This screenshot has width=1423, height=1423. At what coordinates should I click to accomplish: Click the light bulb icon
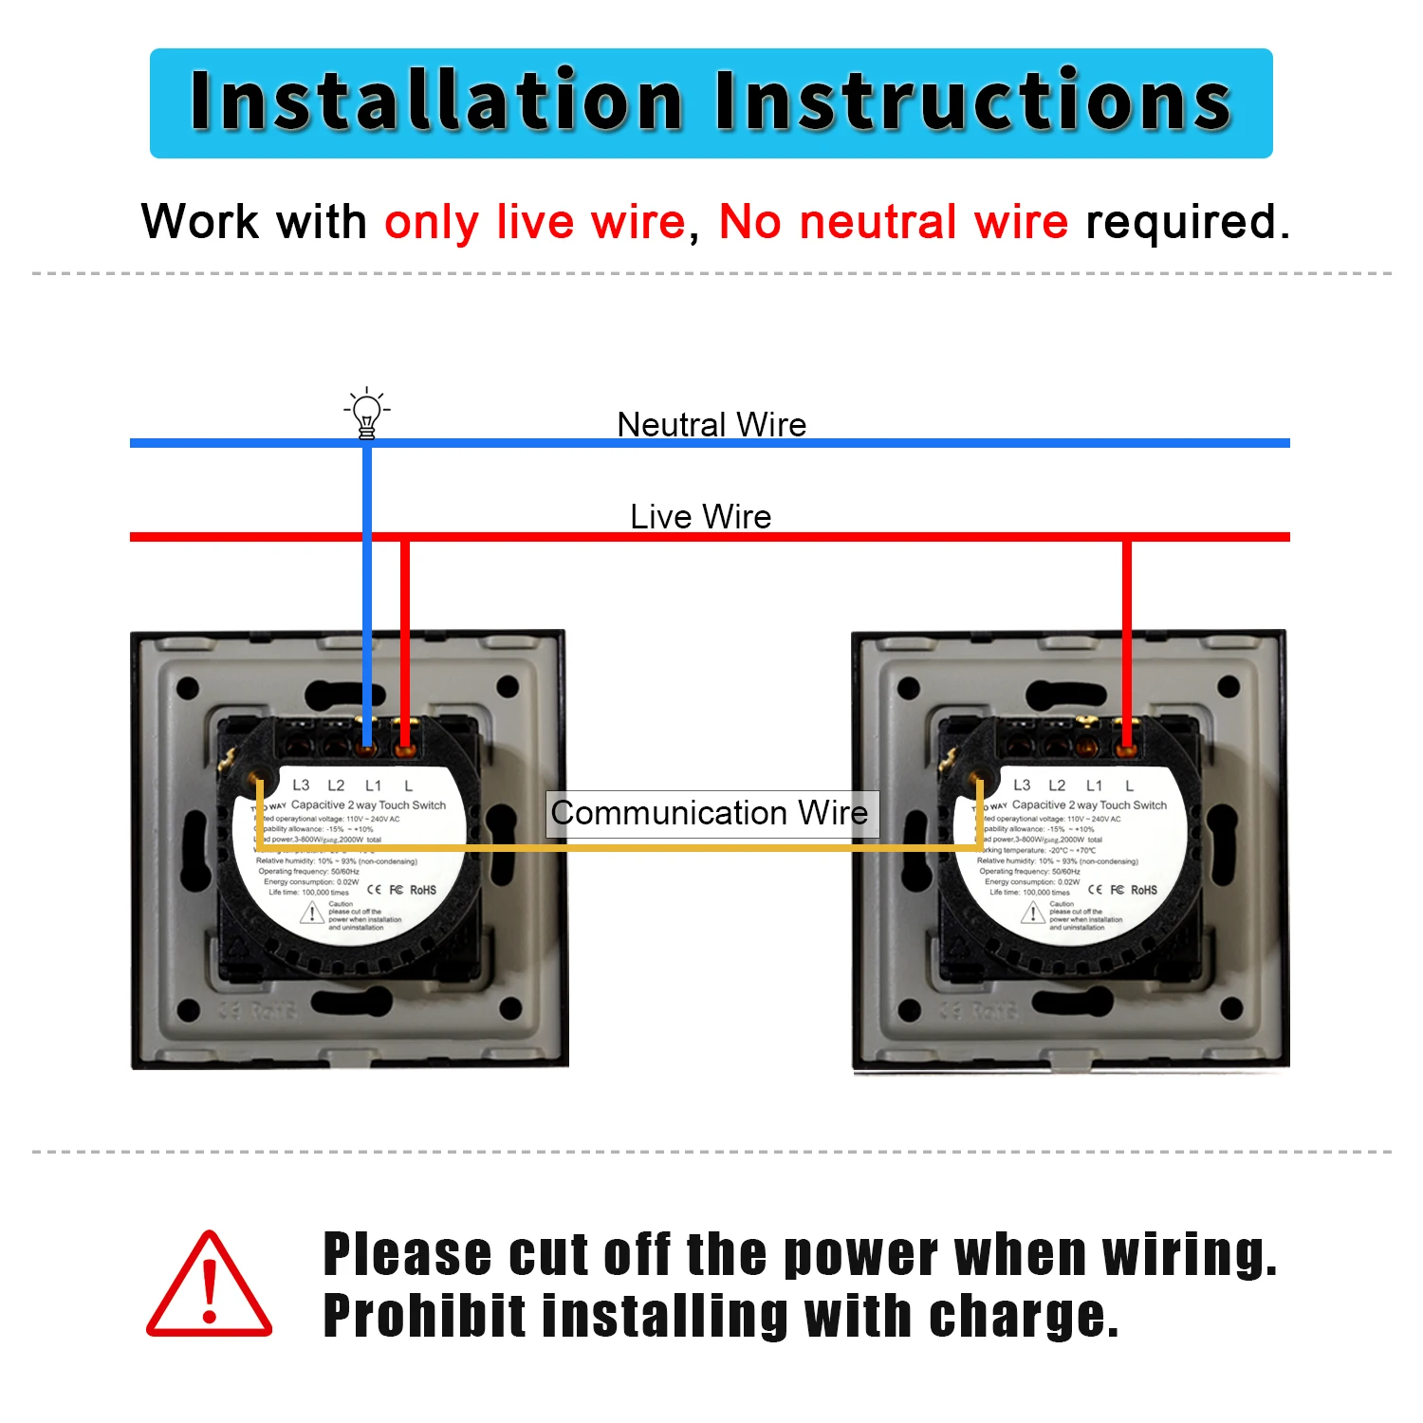coord(366,414)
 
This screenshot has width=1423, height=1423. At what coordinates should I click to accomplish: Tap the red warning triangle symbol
coord(210,1286)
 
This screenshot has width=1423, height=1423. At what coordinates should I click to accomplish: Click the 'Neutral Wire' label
coord(711,424)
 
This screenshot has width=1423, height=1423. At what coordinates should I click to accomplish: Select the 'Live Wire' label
coord(700,516)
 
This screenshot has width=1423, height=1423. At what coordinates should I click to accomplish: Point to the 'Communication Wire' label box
coord(711,814)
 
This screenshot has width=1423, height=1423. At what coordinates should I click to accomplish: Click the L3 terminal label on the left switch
coord(301,785)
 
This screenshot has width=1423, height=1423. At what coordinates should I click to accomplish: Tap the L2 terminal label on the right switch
coord(1057,785)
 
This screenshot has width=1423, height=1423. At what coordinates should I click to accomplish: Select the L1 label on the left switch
coord(373,785)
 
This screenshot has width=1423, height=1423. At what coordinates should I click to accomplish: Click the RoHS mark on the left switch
coord(423,890)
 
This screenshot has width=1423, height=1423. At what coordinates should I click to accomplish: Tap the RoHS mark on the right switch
coord(1144,890)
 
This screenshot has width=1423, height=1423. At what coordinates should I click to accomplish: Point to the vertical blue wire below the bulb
coord(367,588)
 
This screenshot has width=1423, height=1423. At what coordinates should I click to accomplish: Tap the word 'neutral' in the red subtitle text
coord(877,222)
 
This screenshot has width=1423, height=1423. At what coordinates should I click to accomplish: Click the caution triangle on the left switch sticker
coord(312,913)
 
